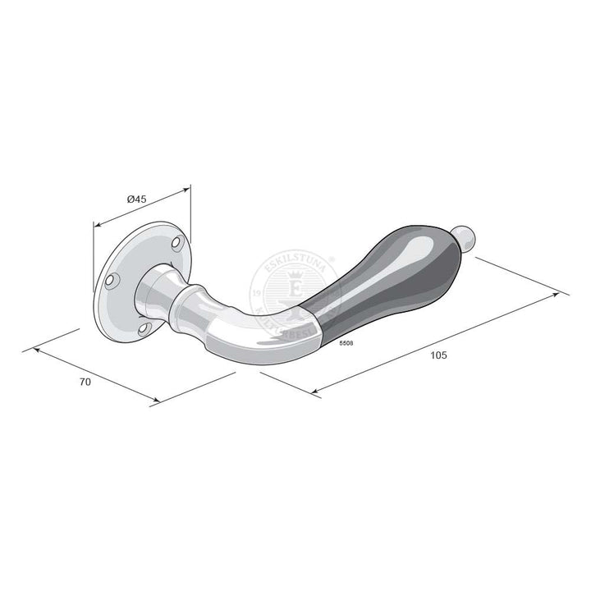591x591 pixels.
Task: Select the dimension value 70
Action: pyautogui.click(x=85, y=382)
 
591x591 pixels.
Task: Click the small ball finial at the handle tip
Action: pyautogui.click(x=466, y=237)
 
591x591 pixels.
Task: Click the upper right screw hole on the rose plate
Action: pyautogui.click(x=176, y=244)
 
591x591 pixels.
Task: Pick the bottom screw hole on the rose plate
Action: pyautogui.click(x=145, y=328)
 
